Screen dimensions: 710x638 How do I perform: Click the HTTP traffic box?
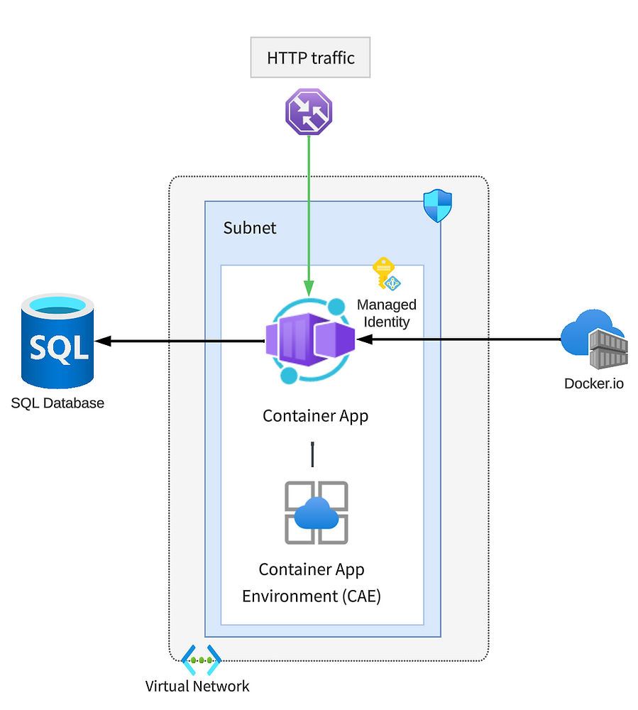point(310,58)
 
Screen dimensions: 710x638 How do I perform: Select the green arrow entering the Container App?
point(309,213)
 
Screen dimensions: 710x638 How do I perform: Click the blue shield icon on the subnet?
point(437,206)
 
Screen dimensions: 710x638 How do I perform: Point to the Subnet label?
point(250,228)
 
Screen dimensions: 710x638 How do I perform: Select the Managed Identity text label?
point(387,313)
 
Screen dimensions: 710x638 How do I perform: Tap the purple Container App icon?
point(309,340)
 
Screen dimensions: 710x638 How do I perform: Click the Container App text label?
point(315,415)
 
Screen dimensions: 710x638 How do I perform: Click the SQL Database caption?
point(57,403)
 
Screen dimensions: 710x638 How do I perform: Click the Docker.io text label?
point(595,384)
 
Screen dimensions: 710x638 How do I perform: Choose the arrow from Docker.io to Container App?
point(461,340)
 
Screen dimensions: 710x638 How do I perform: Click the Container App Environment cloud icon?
point(316,513)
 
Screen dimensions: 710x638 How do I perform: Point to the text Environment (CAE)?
point(312,596)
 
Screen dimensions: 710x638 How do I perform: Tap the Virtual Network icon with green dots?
point(202,660)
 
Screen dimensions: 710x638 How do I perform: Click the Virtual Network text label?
point(197,686)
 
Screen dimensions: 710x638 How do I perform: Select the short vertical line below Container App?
point(312,454)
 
